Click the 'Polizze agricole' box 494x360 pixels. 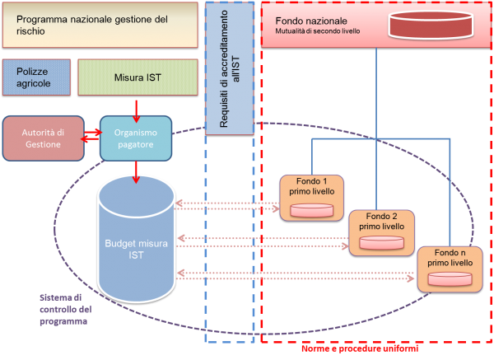34,77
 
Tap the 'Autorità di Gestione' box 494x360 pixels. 43,137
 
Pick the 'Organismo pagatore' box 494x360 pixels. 137,138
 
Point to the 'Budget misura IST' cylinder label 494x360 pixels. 136,250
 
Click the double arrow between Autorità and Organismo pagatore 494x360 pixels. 91,138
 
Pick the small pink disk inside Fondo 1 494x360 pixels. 312,210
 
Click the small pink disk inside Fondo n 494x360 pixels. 450,279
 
